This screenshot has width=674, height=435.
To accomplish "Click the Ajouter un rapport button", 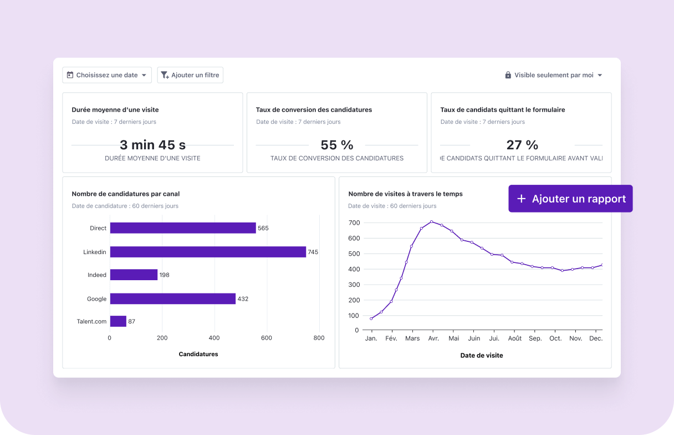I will (x=570, y=199).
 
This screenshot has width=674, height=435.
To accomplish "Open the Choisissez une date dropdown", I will (x=107, y=75).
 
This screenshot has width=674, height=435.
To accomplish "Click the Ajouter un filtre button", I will (x=190, y=75).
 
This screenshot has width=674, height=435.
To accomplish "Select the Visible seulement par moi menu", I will (x=553, y=75).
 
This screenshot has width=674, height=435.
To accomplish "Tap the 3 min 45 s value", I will (x=152, y=145).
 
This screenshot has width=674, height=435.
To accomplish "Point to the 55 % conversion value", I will (x=337, y=145).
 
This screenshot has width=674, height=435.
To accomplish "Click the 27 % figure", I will (x=522, y=145).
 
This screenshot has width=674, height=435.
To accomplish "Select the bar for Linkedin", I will (x=208, y=252).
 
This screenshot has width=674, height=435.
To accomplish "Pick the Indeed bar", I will (x=134, y=275).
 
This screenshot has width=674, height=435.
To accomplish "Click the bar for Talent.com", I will (x=118, y=321).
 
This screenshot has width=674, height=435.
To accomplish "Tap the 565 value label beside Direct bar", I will (x=263, y=228).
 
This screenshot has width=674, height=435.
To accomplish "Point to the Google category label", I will (x=96, y=299).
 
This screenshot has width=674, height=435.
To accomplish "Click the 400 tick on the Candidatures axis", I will (x=214, y=337).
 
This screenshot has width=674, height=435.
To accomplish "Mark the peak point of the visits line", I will (x=431, y=222).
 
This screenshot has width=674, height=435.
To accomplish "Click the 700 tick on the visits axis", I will (x=354, y=222).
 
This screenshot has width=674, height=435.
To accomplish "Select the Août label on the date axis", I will (x=515, y=338).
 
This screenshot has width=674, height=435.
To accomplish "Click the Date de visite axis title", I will (x=482, y=355).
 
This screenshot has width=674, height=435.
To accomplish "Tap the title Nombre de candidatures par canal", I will (x=126, y=194).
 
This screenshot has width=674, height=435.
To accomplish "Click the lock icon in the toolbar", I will (x=508, y=75).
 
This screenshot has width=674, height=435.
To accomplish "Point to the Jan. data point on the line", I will (x=371, y=318).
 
